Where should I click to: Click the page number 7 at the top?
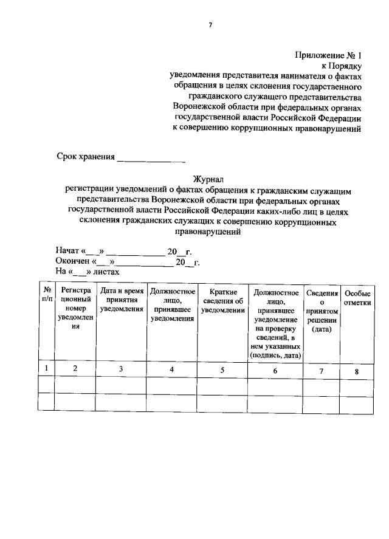210,24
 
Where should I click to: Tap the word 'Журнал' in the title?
209,179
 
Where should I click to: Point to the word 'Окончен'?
72,262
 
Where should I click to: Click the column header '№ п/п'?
46,295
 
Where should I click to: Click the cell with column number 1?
46,368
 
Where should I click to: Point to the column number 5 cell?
222,368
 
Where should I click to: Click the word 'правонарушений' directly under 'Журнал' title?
209,232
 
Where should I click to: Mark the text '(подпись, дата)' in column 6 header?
275,355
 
